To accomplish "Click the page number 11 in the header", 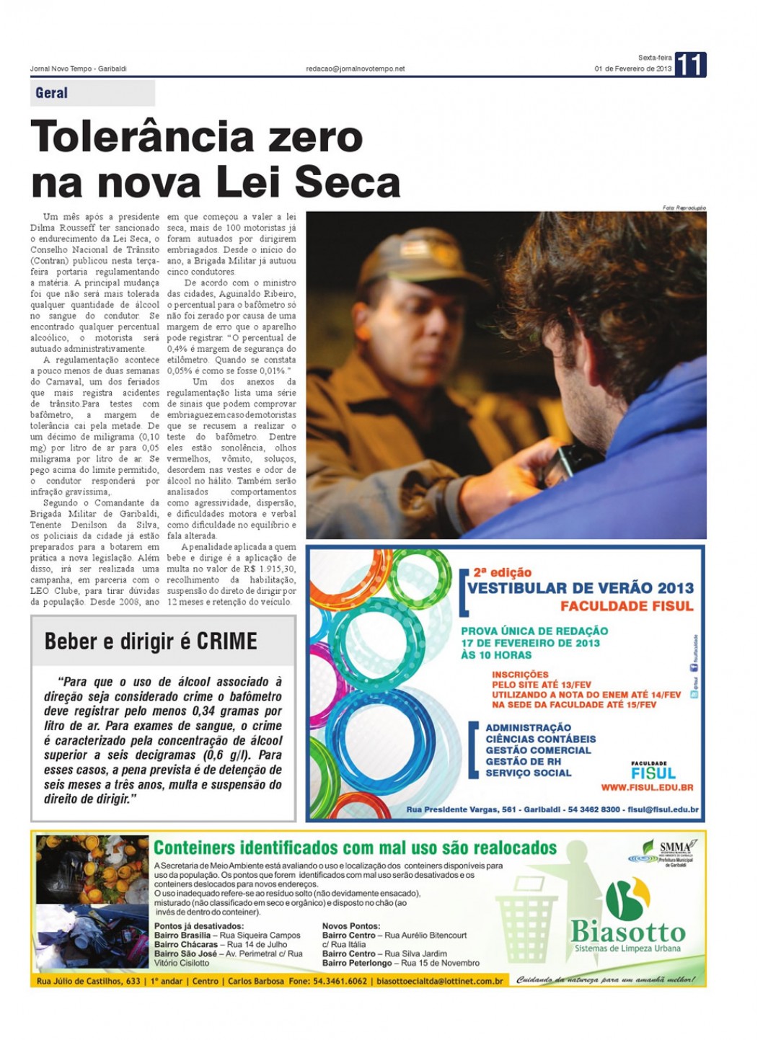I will coord(690,65).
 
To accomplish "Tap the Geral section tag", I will coord(51,93).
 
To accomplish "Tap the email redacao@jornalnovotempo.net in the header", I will coord(355,69).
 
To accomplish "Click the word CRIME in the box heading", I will coord(226,641).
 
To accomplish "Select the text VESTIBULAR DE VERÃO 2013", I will coord(580,588).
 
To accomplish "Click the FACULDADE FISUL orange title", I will coord(626,606).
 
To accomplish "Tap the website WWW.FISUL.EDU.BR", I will coord(647,788).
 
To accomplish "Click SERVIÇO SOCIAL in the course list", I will coord(528,773).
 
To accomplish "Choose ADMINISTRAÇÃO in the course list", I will coord(528,728).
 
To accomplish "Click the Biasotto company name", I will coord(627,932).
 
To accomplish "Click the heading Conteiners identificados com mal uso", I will coord(355,848).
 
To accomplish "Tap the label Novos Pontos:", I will coord(350,926).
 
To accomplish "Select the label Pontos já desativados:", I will coord(198,926).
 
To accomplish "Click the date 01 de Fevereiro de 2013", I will coord(632,69).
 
